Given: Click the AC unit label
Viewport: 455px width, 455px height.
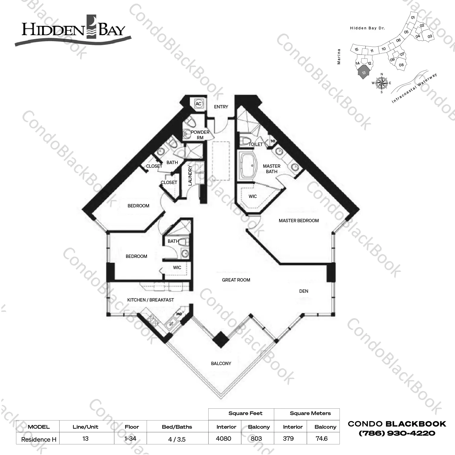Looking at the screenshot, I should [x=198, y=104].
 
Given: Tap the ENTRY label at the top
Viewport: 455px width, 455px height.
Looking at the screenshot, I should [x=221, y=107].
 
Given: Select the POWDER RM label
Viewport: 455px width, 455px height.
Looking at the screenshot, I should [x=200, y=135].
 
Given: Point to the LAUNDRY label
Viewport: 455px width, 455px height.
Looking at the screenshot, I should [x=190, y=175].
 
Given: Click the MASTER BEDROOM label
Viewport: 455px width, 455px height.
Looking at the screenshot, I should [x=299, y=221].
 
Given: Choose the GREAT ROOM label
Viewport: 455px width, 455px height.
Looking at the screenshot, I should [x=236, y=280].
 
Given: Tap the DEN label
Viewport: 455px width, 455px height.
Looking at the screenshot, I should [x=304, y=291].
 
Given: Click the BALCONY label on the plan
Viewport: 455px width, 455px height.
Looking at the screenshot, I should [x=221, y=364].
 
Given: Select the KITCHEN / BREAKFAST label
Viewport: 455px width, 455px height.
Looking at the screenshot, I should [x=151, y=300].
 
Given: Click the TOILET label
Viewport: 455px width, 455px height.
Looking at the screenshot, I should [x=255, y=144].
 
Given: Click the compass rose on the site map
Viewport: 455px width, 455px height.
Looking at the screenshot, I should [x=382, y=83].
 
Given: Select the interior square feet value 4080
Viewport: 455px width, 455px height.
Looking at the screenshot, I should [x=224, y=439].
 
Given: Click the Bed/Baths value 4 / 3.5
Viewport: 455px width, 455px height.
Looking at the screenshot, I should [x=177, y=439].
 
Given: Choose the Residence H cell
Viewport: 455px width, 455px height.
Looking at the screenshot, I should [x=39, y=440].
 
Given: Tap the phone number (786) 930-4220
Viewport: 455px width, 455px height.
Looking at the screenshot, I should [x=397, y=434].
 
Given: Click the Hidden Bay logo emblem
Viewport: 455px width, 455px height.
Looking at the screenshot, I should [x=91, y=27].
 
